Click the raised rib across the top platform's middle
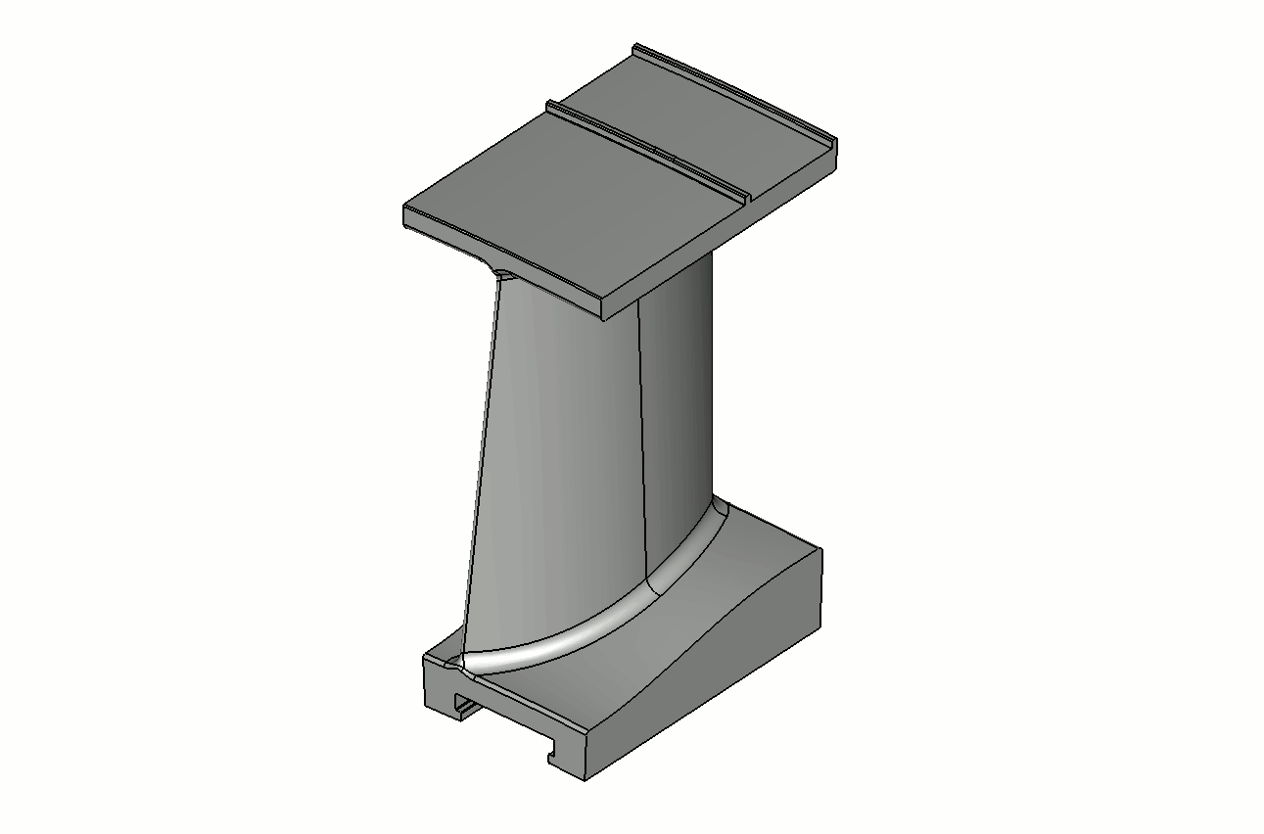click(646, 146)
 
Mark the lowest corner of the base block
click(585, 780)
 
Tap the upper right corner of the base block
click(820, 550)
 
